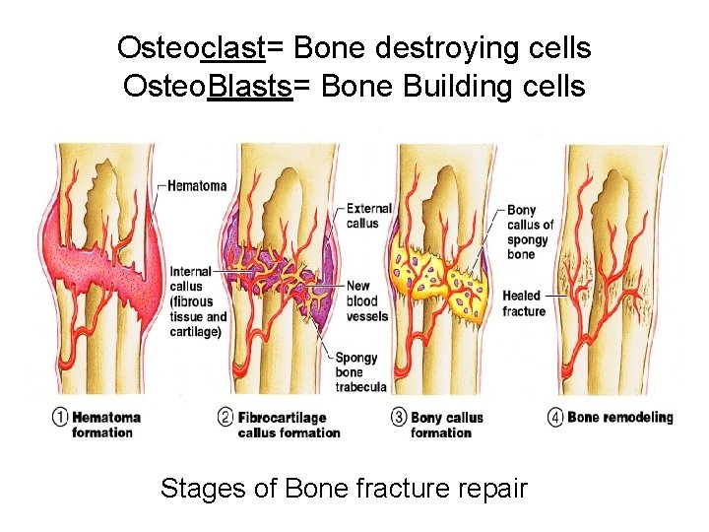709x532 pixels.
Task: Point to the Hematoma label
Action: click(197, 185)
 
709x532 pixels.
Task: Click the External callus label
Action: click(369, 216)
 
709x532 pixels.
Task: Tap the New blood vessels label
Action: click(367, 301)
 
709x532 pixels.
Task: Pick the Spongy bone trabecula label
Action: click(361, 372)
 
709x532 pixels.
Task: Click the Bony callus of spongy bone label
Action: click(531, 232)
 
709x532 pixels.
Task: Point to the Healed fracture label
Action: click(523, 303)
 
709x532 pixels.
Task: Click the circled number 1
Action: click(61, 418)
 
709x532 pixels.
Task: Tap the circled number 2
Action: click(226, 418)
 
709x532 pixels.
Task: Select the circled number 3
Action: click(400, 418)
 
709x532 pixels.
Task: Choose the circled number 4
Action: click(556, 418)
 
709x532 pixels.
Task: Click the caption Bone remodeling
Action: click(620, 417)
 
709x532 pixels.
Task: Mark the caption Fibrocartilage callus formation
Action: click(289, 425)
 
